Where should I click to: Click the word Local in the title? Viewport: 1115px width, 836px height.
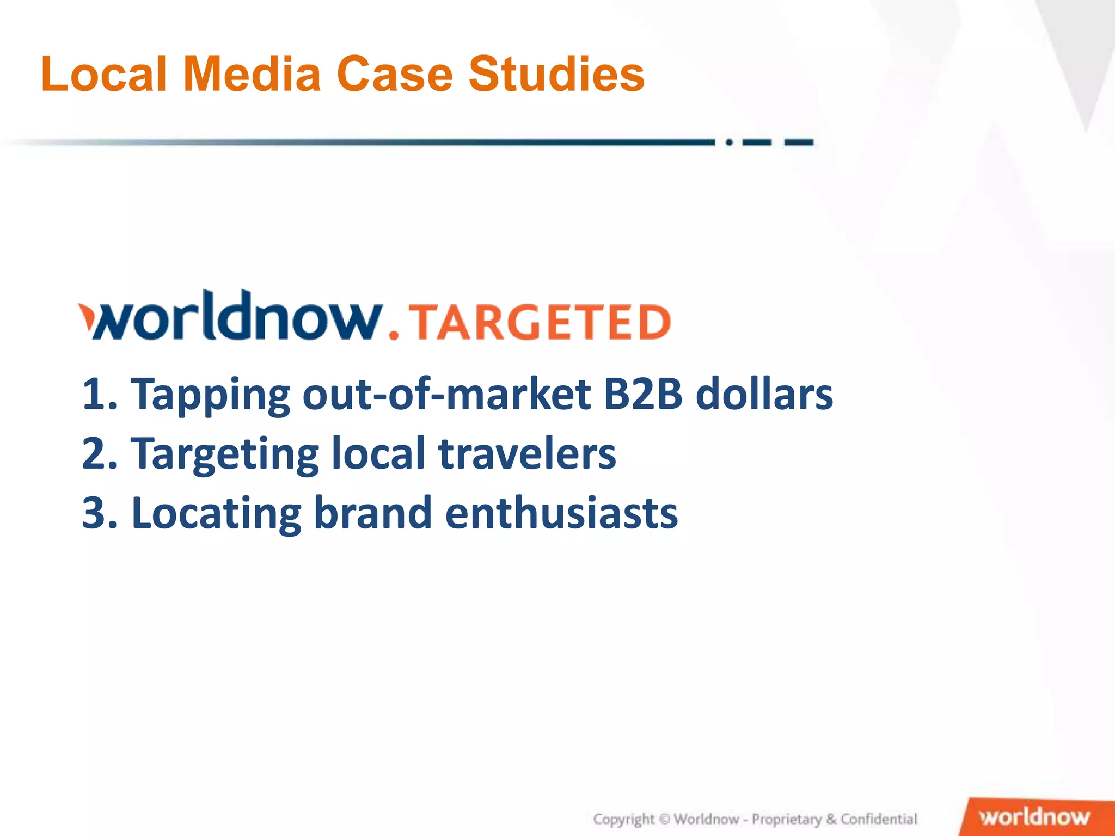[103, 74]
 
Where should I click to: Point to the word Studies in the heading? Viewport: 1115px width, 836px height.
[556, 74]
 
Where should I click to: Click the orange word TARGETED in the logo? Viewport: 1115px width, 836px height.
[540, 322]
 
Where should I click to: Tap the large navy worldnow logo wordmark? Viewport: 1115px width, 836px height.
[231, 317]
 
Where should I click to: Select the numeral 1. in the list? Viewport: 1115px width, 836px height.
[100, 394]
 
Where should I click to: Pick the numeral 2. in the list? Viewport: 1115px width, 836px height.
[100, 453]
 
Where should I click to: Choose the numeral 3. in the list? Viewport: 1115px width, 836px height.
[100, 513]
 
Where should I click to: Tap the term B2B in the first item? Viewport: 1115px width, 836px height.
[642, 394]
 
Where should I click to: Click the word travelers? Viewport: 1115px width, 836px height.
[527, 453]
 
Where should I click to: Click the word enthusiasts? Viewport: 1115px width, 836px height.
[561, 513]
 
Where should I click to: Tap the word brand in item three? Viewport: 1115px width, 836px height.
[373, 513]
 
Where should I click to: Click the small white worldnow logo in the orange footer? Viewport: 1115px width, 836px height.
[1034, 817]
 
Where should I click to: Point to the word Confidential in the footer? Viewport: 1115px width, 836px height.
[879, 819]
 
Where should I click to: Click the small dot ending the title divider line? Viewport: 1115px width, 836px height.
[729, 143]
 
